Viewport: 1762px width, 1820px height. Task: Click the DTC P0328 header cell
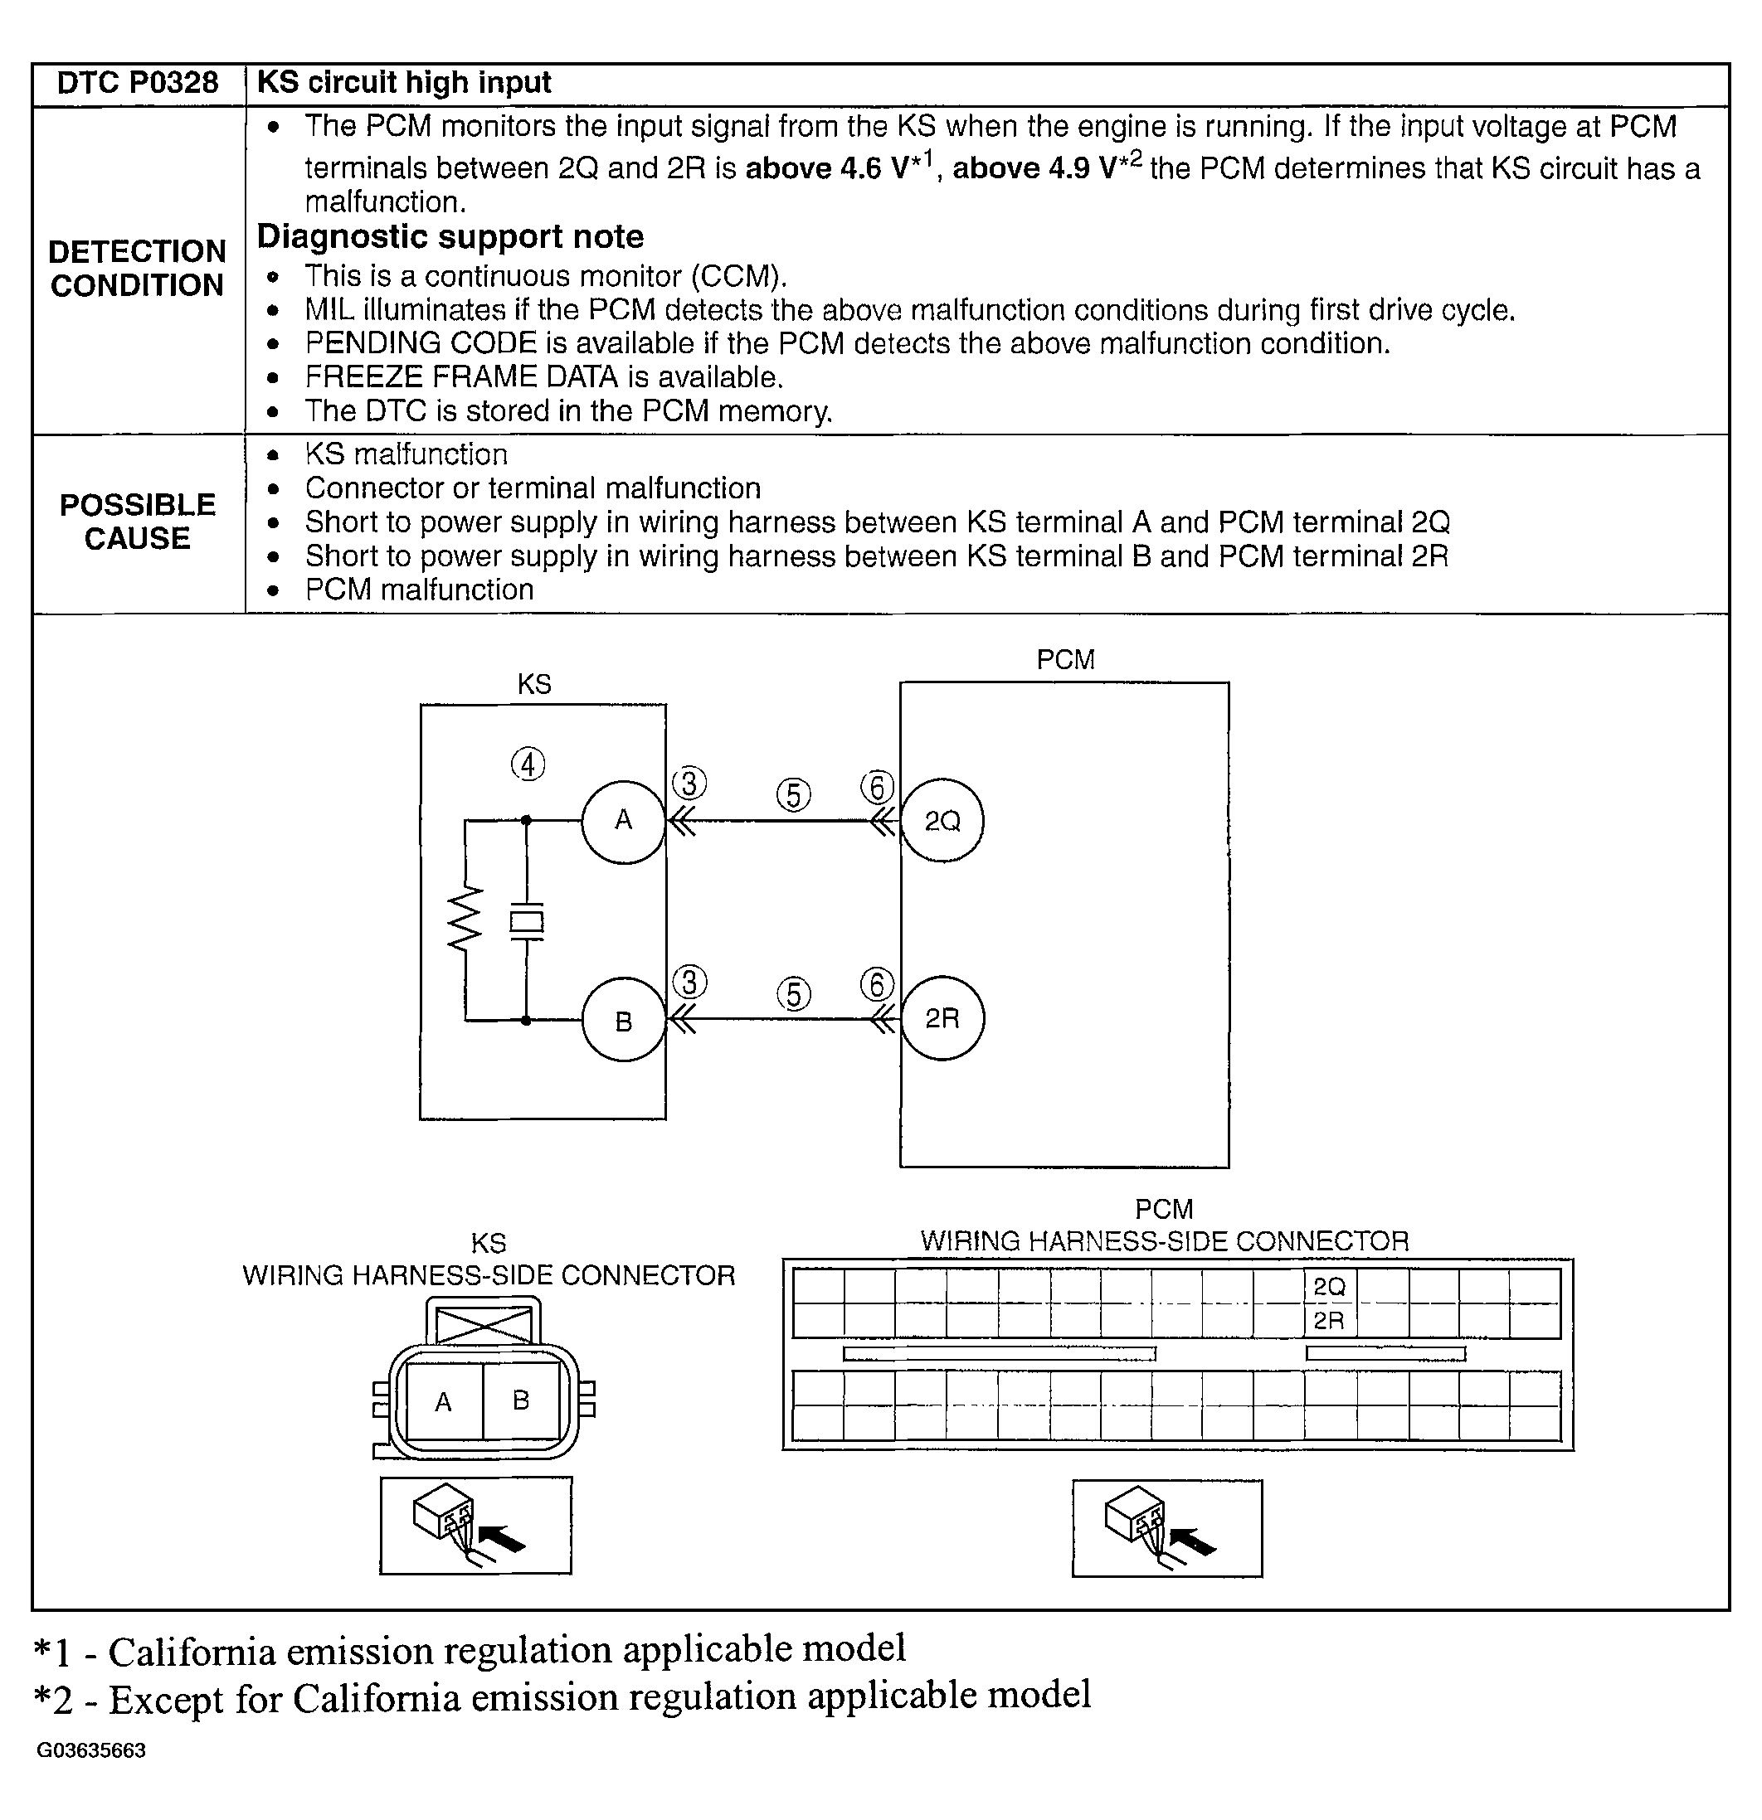(138, 84)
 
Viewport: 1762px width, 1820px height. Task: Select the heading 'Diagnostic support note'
(450, 237)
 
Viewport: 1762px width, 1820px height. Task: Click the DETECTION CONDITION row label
(138, 269)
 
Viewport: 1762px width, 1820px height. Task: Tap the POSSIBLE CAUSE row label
(138, 522)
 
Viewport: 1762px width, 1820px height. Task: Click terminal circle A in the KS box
(623, 820)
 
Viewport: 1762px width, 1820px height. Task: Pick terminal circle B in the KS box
(623, 1022)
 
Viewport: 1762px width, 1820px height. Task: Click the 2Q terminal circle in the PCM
(942, 821)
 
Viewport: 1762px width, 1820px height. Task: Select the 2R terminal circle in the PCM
(942, 1019)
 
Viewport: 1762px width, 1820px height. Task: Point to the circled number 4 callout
(528, 765)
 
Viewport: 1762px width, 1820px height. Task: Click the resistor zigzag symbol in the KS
(465, 920)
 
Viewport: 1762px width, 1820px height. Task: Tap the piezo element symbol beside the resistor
(526, 922)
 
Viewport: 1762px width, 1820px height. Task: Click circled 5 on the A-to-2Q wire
(793, 795)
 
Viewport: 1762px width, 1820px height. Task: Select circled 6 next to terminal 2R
(877, 985)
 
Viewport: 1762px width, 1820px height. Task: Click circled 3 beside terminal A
(689, 784)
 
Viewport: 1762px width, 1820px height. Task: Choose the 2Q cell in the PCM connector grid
(1329, 1287)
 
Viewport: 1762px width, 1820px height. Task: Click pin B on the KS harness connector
(521, 1400)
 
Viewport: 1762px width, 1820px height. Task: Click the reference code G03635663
(91, 1751)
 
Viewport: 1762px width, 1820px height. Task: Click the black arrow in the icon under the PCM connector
(1194, 1542)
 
